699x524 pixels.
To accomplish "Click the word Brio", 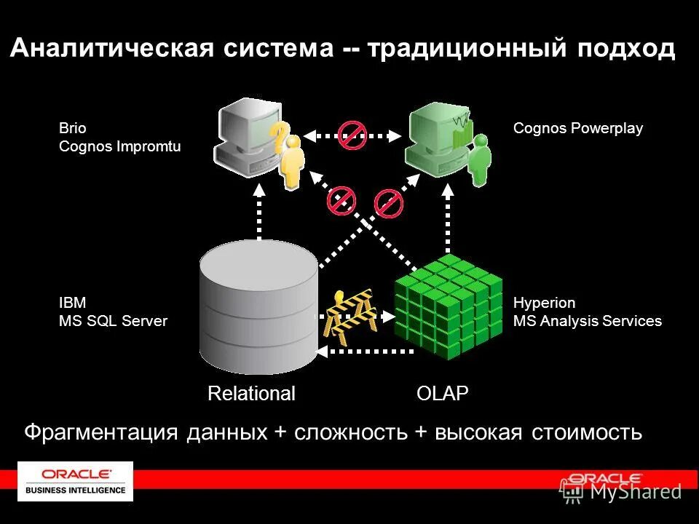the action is [72, 129].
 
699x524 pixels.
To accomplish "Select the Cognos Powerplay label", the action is [578, 129].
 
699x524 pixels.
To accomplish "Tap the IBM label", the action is [72, 303].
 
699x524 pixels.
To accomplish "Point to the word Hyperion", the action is [544, 303].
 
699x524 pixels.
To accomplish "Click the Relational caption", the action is [251, 394].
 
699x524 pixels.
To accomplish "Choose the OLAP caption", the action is [442, 394].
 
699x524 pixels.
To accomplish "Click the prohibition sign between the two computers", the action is [352, 135].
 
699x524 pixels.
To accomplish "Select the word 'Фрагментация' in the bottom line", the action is [101, 432].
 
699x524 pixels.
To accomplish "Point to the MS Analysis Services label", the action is [588, 321].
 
